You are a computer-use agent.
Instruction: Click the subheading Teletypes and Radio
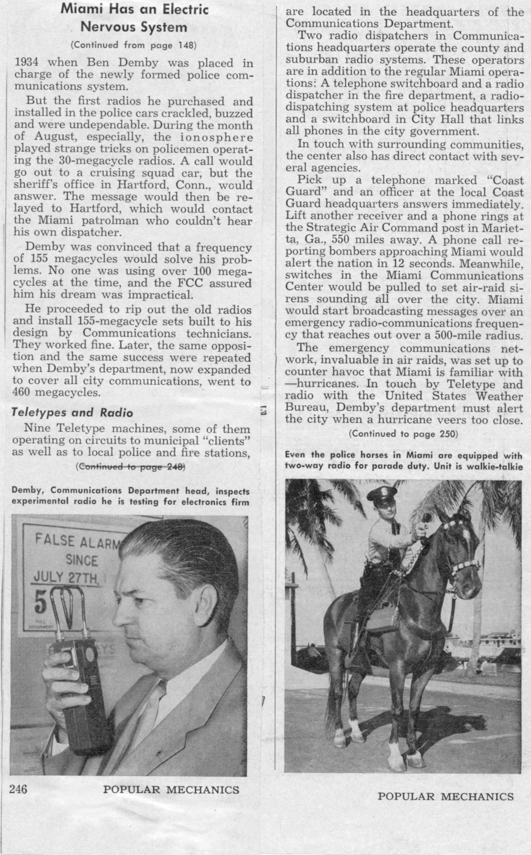point(72,412)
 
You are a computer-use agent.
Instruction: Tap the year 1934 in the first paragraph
point(27,63)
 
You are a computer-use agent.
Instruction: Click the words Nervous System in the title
point(134,27)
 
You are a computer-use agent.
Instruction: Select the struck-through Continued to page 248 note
point(130,467)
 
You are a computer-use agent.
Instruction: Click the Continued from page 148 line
point(133,45)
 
